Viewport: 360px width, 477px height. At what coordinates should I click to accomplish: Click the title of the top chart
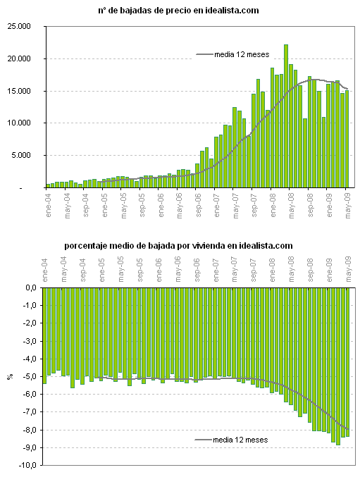click(x=178, y=11)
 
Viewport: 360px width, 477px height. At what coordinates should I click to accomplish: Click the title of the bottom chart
click(x=178, y=245)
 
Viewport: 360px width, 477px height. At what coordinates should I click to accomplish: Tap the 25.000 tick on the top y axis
click(x=24, y=26)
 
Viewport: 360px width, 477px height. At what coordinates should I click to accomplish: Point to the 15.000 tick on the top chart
click(x=24, y=91)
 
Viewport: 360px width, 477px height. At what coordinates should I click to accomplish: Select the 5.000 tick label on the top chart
click(x=26, y=156)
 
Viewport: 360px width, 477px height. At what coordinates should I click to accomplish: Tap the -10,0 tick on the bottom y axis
click(x=26, y=466)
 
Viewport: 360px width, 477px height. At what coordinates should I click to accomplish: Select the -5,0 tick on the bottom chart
click(x=27, y=377)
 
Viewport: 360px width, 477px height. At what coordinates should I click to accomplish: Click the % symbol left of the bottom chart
click(x=9, y=377)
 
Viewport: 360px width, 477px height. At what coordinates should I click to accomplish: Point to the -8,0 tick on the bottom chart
click(x=27, y=430)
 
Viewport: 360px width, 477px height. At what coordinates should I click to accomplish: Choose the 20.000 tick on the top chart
click(x=24, y=58)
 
